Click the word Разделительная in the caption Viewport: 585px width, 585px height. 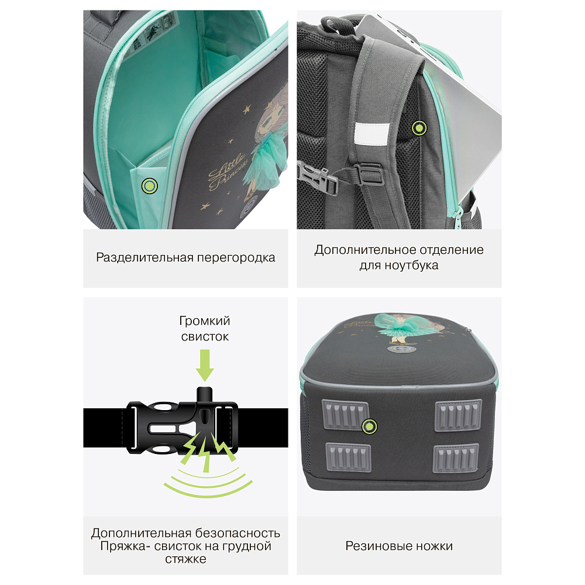(144, 258)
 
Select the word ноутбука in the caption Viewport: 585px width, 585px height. (411, 266)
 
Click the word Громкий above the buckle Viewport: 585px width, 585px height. (204, 321)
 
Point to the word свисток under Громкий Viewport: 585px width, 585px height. (205, 336)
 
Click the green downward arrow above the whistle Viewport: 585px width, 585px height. (204, 365)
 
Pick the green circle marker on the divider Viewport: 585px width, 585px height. (150, 185)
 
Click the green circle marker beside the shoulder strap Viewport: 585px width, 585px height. (419, 128)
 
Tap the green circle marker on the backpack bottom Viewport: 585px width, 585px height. (370, 426)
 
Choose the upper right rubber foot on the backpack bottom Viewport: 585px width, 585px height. (458, 415)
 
